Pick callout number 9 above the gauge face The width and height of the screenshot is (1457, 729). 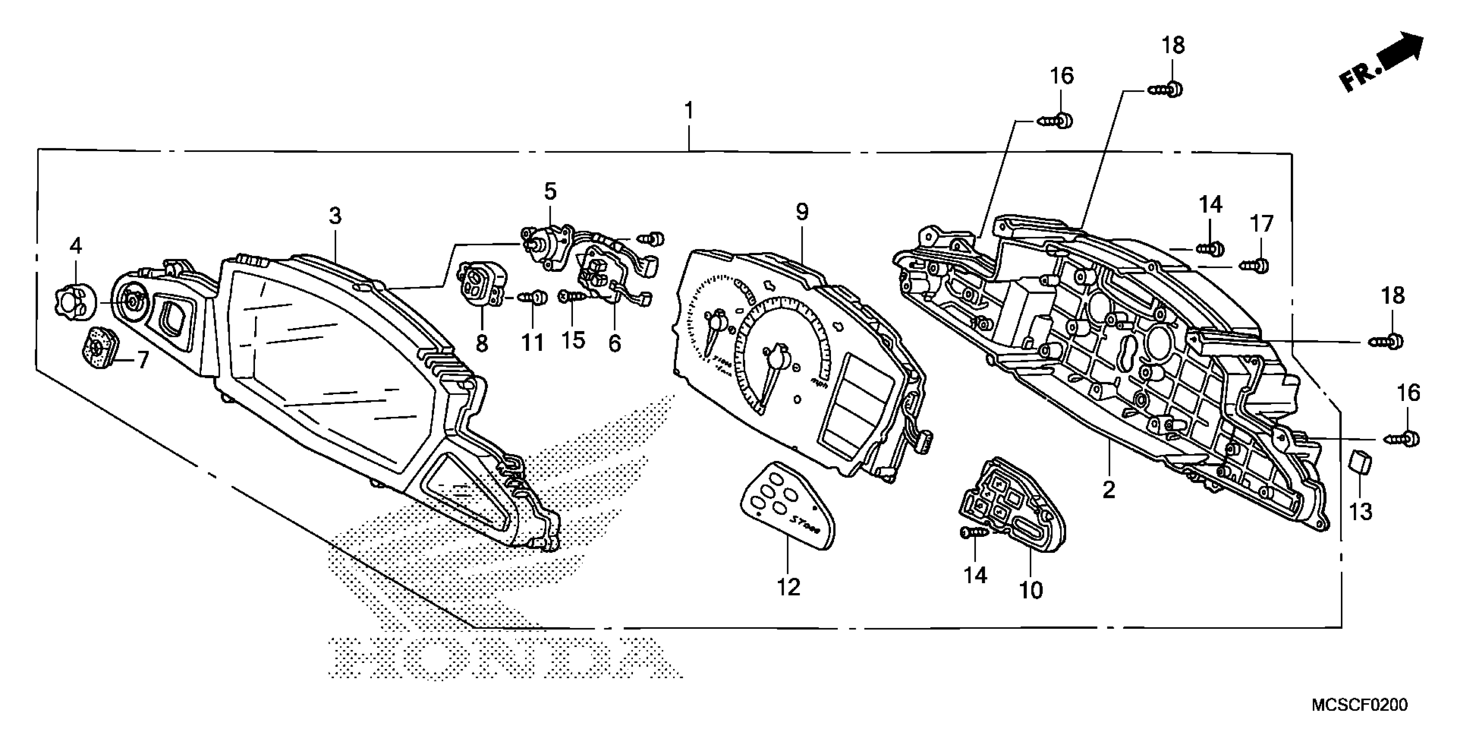click(x=802, y=212)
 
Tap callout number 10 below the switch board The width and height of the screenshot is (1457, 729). click(x=1031, y=590)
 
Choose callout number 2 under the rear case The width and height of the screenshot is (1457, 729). click(x=1109, y=489)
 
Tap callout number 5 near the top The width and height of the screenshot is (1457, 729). click(x=550, y=191)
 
